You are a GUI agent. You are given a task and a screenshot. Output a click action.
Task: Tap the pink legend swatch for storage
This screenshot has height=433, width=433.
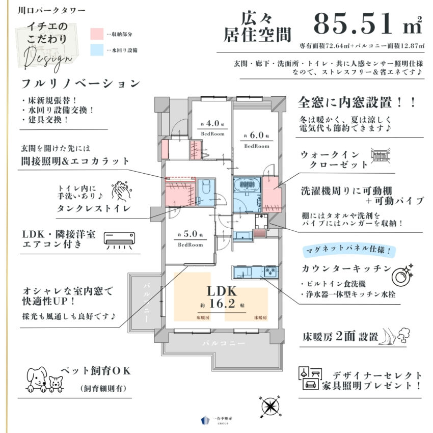(97, 34)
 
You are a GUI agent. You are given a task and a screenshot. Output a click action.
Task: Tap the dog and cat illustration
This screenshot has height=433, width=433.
(44, 378)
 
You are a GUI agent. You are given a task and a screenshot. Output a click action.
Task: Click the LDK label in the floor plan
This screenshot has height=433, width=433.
(221, 292)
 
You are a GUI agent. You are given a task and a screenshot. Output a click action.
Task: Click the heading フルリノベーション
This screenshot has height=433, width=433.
(80, 83)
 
